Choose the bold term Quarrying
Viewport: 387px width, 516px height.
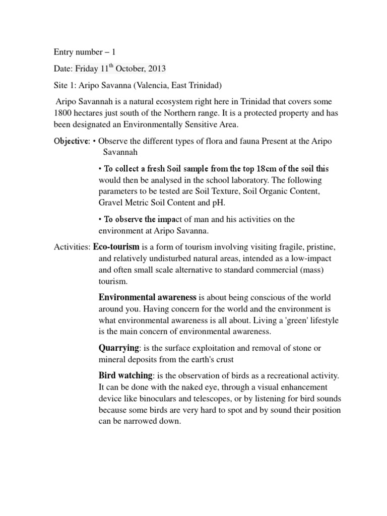(x=118, y=348)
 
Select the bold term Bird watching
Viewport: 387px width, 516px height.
(x=125, y=375)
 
